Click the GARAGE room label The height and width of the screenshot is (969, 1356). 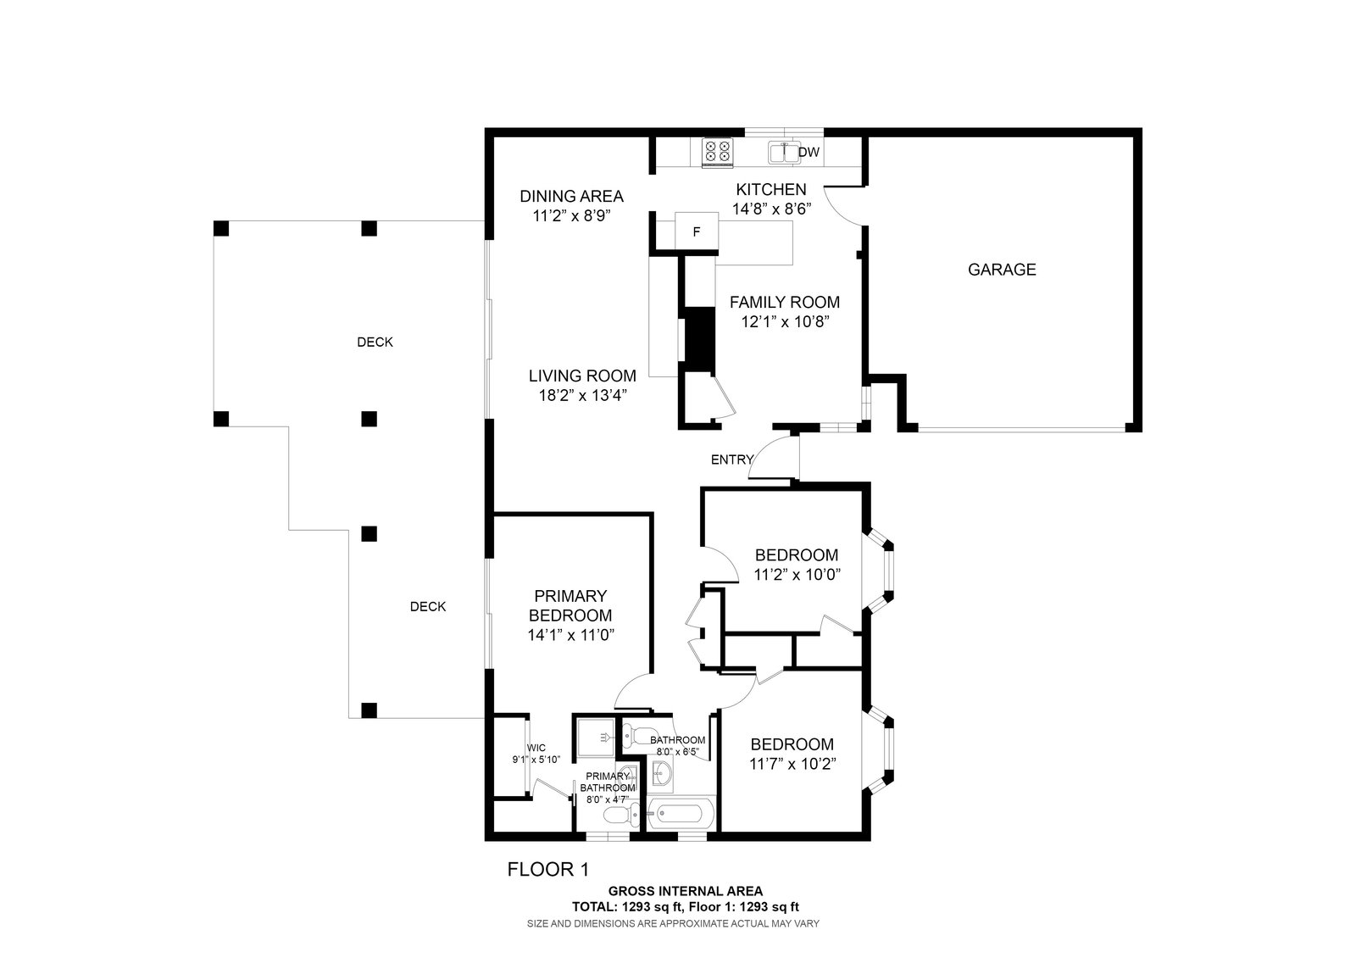click(1002, 270)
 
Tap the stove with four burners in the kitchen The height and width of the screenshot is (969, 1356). click(717, 152)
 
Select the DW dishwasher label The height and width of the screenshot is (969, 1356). click(809, 152)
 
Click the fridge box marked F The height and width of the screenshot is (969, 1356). click(697, 231)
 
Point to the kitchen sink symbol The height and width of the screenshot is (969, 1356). click(785, 153)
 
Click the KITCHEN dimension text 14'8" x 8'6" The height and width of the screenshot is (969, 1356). click(771, 209)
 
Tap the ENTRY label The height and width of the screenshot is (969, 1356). click(732, 459)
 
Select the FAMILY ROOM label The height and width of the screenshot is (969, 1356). click(785, 302)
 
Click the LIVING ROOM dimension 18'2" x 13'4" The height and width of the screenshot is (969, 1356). click(582, 395)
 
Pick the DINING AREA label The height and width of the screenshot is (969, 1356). click(571, 196)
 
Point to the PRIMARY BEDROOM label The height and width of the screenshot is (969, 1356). click(570, 605)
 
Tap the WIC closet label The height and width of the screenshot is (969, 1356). click(536, 748)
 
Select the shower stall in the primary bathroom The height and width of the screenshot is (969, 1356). click(596, 737)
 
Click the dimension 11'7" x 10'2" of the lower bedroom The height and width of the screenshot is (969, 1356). click(792, 764)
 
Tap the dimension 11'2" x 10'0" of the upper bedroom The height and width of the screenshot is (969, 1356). click(797, 575)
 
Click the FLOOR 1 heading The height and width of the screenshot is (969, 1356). click(547, 870)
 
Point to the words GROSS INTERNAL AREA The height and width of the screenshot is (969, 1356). click(686, 891)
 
